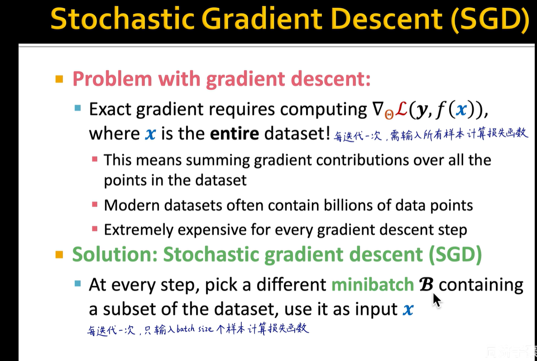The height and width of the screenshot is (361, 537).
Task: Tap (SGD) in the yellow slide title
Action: pyautogui.click(x=490, y=19)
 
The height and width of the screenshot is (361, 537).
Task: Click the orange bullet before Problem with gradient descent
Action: pyautogui.click(x=59, y=79)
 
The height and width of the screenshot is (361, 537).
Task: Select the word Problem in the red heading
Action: pyautogui.click(x=112, y=79)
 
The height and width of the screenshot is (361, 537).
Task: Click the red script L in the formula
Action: pyautogui.click(x=401, y=109)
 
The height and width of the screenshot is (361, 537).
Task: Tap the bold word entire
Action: pyautogui.click(x=234, y=133)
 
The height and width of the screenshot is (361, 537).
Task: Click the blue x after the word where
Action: pyautogui.click(x=150, y=134)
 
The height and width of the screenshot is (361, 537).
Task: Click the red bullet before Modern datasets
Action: pyautogui.click(x=95, y=204)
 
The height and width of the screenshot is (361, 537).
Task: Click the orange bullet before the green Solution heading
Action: pyautogui.click(x=59, y=255)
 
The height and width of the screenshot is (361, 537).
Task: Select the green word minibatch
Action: pyautogui.click(x=373, y=285)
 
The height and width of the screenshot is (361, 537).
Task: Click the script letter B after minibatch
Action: pyautogui.click(x=427, y=285)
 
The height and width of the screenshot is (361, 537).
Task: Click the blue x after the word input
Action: pyautogui.click(x=408, y=310)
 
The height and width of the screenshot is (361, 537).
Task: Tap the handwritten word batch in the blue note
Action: pyautogui.click(x=186, y=329)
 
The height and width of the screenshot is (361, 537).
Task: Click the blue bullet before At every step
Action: pyautogui.click(x=78, y=284)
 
